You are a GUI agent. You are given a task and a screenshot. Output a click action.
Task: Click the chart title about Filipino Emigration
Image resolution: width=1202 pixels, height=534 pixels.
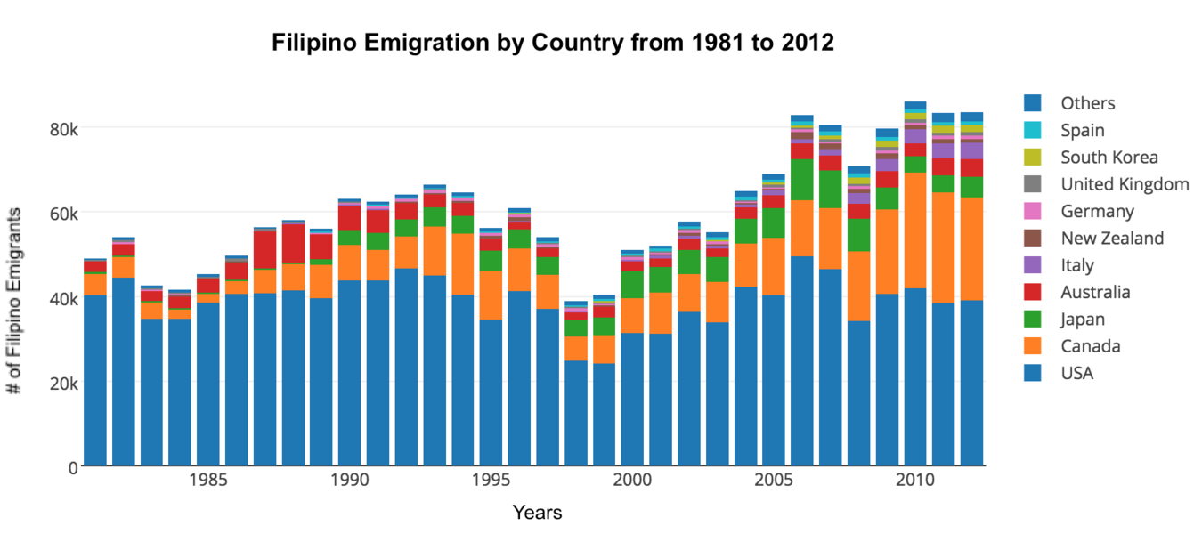(x=553, y=43)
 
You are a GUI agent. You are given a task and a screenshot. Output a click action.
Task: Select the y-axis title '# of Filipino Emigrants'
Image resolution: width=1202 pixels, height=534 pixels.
(x=14, y=301)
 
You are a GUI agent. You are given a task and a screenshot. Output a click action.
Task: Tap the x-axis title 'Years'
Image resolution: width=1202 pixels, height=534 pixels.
(x=537, y=513)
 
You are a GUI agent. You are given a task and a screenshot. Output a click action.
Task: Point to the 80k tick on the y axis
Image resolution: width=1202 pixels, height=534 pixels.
(x=64, y=129)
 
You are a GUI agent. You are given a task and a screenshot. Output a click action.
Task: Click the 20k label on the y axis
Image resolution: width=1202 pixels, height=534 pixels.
(x=64, y=384)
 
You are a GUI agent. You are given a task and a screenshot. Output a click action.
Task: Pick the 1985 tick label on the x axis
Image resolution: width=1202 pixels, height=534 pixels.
(x=207, y=480)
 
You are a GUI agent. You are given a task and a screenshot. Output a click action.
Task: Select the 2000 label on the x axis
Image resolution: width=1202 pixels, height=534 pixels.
(x=632, y=480)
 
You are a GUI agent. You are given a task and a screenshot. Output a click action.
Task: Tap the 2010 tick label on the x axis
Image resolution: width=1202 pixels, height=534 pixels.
(x=915, y=480)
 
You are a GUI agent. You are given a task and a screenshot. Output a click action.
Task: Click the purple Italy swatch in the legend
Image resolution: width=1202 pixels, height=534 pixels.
(x=1033, y=265)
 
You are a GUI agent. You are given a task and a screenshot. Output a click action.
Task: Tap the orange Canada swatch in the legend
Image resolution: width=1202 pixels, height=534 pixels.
(x=1033, y=346)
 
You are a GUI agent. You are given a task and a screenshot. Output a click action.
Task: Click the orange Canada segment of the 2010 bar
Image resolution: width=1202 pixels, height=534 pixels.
(x=915, y=231)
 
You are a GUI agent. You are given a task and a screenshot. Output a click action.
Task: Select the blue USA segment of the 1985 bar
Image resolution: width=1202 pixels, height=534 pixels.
(x=207, y=384)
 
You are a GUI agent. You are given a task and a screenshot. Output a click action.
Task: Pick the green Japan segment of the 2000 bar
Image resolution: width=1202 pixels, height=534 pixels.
(x=632, y=285)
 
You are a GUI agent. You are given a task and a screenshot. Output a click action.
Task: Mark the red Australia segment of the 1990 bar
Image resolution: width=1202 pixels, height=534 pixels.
(x=349, y=218)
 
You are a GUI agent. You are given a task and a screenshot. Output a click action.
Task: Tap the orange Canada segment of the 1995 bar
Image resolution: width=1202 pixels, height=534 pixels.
(x=491, y=295)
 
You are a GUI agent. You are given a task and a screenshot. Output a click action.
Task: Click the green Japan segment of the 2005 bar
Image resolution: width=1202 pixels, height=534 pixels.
(x=773, y=223)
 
